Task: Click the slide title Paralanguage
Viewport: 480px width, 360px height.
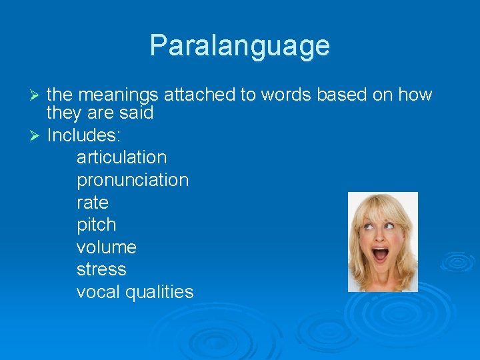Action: pos(239,46)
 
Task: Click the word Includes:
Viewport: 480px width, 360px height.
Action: pos(83,135)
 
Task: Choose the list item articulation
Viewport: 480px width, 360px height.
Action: pos(121,158)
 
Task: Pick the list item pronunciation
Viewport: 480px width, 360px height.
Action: pos(133,181)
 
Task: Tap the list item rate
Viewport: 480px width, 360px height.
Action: pos(92,203)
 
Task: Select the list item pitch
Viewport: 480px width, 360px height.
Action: pos(96,225)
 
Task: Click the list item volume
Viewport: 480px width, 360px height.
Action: pos(107,247)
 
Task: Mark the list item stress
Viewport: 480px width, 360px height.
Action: pos(101,270)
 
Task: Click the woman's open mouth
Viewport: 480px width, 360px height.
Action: pos(380,254)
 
